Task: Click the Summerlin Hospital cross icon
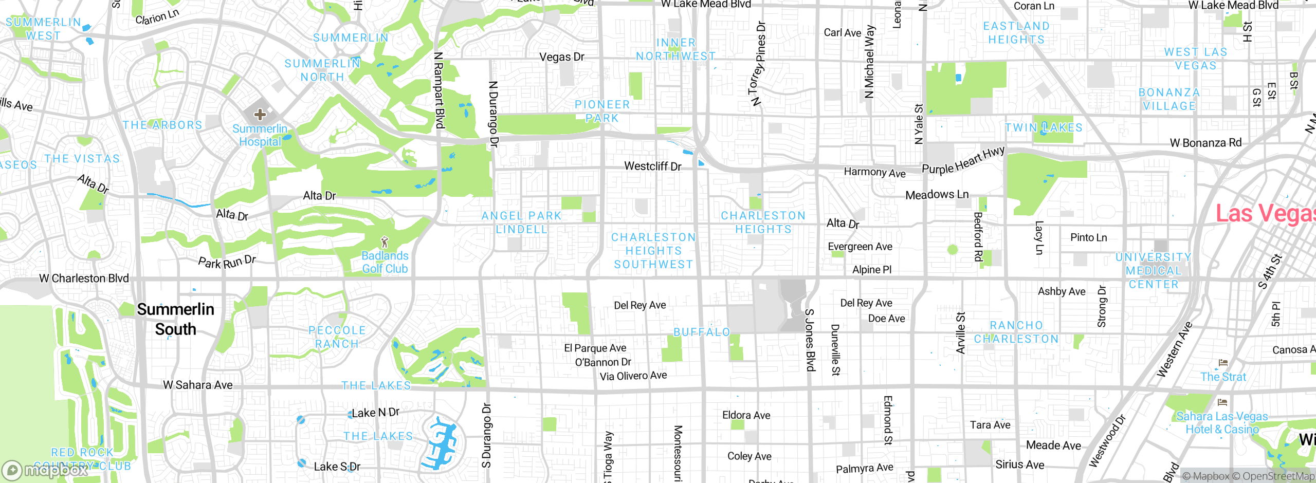pos(260,114)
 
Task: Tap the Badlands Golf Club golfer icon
pos(385,242)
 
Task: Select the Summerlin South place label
pos(176,319)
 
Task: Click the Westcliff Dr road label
pos(652,166)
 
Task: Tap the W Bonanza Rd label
pos(1205,143)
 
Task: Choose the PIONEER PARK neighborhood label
pos(602,111)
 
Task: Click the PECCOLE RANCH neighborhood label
pos(337,337)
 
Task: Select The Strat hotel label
pos(1223,377)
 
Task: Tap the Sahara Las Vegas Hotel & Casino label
pos(1222,422)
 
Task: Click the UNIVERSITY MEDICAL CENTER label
pos(1153,270)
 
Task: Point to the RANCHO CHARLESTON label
pos(1016,332)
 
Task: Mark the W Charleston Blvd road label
pos(84,278)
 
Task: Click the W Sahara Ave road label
pos(198,385)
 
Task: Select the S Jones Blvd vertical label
pos(810,340)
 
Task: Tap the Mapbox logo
pos(45,470)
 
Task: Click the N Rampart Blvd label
pos(438,90)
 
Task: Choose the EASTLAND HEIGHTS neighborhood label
pos(1016,32)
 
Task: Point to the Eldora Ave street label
pos(746,415)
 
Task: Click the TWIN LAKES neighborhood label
pos(1044,127)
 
